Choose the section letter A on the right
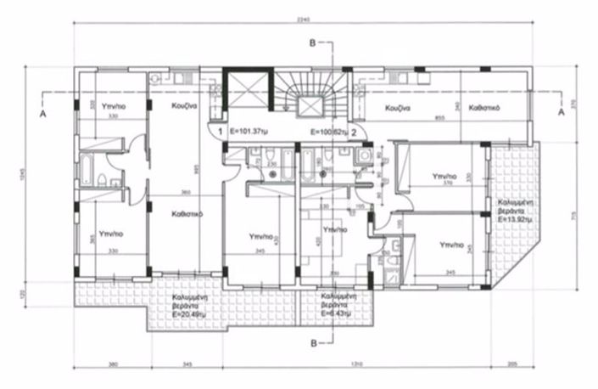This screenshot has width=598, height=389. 560,111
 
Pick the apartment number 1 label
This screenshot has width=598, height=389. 219,132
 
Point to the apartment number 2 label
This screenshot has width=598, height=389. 353,132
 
